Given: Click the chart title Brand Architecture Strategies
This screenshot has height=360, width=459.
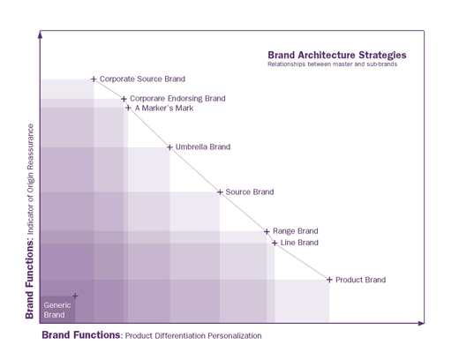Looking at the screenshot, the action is [x=337, y=56].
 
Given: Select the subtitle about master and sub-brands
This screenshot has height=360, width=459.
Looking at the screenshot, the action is [x=332, y=64].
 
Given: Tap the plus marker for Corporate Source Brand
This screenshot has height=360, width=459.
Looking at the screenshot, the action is [x=94, y=79].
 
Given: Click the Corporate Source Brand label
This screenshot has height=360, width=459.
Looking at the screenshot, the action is [x=142, y=79].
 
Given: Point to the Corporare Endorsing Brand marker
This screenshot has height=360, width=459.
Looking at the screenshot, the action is [x=124, y=99].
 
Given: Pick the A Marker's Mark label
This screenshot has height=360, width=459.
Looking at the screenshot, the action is [x=164, y=109].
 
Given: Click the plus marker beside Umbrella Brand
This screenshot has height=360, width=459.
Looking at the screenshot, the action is [x=169, y=147].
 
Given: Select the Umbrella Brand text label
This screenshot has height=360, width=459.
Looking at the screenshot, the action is [x=203, y=146].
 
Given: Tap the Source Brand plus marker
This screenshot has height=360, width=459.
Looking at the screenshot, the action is [x=220, y=192].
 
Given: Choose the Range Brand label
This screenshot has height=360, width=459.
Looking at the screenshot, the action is [x=296, y=231].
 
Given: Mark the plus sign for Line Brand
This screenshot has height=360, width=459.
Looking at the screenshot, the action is [x=275, y=243].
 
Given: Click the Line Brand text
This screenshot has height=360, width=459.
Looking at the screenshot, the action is [x=299, y=243].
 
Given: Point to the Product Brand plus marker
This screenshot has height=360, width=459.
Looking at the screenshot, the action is [x=329, y=280].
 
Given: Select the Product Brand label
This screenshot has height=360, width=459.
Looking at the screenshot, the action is [x=361, y=280].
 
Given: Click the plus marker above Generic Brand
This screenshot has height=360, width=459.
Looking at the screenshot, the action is [x=75, y=296].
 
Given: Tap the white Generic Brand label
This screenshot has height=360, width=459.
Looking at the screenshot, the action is [x=57, y=310].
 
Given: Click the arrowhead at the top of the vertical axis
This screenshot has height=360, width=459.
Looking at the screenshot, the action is [x=41, y=34].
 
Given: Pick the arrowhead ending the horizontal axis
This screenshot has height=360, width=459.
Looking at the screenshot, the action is [x=421, y=323].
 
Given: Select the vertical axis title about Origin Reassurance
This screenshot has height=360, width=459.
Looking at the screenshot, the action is [x=30, y=221].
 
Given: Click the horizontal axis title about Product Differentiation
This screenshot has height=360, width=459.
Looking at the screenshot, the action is [x=152, y=335].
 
